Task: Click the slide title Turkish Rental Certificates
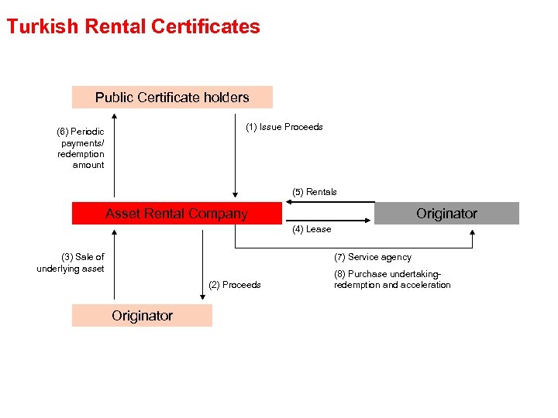tap(133, 26)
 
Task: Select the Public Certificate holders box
tap(172, 98)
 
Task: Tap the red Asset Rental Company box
tap(177, 214)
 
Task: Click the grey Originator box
tap(446, 213)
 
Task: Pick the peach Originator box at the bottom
tap(142, 316)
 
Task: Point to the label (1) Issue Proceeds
tap(284, 127)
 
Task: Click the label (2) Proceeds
tap(235, 285)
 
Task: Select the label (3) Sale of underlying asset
tap(71, 262)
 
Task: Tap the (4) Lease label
tap(312, 229)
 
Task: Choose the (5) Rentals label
tap(314, 192)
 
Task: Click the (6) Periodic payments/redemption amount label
tap(81, 148)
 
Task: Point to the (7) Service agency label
tap(372, 257)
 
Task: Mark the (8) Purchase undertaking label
tap(391, 279)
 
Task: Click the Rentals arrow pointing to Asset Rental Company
tap(329, 202)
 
